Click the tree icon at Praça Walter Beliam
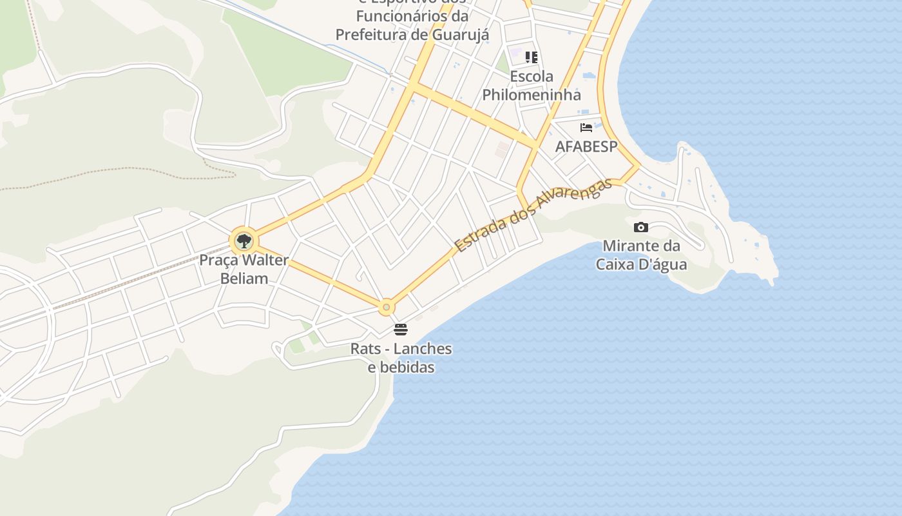point(244,242)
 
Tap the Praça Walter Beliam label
point(244,270)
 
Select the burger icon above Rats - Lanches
point(401,330)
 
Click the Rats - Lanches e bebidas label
point(401,358)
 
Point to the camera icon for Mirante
point(640,227)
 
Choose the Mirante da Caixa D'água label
point(641,255)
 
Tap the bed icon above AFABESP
point(586,128)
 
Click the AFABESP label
point(586,146)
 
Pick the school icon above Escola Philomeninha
point(531,57)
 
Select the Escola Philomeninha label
point(532,86)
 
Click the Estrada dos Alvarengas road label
point(533,215)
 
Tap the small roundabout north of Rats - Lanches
point(386,308)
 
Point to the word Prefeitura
point(371,34)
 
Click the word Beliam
point(244,279)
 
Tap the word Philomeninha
point(532,95)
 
